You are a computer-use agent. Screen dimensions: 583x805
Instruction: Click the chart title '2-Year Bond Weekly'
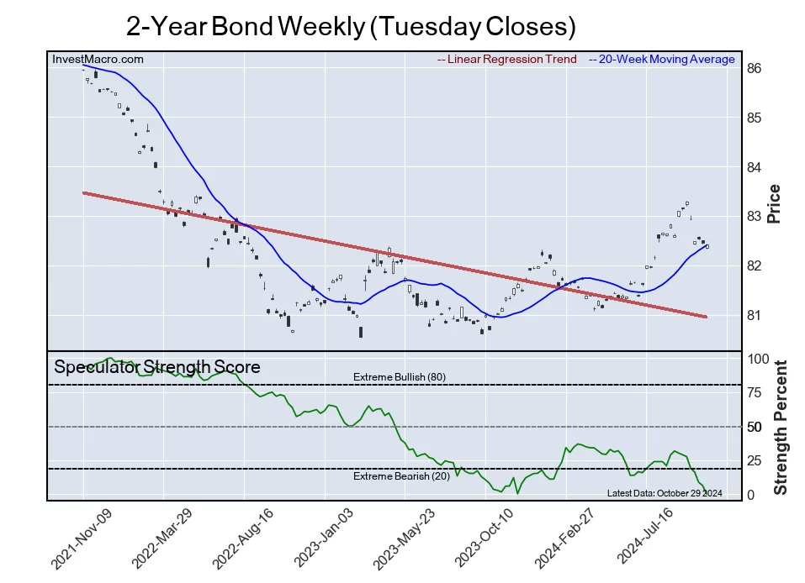point(351,26)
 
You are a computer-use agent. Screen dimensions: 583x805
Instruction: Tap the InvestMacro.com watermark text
point(98,60)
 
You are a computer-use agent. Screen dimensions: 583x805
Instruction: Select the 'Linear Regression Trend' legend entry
point(507,60)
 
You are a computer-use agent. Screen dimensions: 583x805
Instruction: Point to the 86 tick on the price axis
point(755,69)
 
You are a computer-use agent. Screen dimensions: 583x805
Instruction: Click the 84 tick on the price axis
point(755,167)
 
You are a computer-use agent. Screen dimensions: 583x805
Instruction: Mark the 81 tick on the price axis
point(755,316)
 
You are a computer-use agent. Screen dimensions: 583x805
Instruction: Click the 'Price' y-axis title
point(775,203)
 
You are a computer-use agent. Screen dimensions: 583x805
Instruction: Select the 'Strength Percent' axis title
point(780,427)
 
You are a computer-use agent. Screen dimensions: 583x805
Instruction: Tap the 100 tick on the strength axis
point(758,359)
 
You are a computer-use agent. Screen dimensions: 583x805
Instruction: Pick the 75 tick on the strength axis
point(755,393)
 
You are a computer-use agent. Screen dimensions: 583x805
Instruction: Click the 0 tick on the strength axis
point(751,496)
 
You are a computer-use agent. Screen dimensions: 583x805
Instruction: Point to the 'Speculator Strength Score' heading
point(157,367)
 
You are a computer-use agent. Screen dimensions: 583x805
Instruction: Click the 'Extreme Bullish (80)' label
point(400,377)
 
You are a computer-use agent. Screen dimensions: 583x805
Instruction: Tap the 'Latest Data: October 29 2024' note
point(665,493)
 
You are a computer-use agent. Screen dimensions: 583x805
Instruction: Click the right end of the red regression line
point(705,317)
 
